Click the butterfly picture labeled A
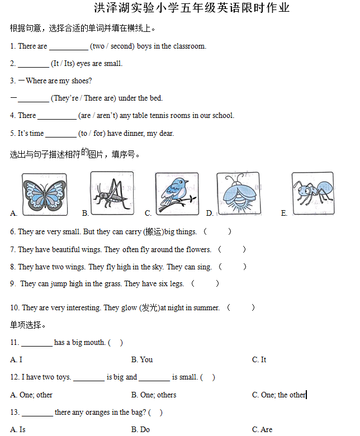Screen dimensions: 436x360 (44, 194)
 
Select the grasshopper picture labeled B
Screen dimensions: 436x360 (111, 193)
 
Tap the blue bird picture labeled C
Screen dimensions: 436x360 (177, 193)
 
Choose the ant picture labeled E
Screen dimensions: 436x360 (312, 193)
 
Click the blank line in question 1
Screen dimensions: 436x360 (69, 47)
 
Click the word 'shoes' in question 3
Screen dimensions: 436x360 (83, 81)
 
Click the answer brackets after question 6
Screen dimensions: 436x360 (217, 231)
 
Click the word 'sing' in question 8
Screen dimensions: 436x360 (204, 267)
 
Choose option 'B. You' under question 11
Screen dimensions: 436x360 (142, 360)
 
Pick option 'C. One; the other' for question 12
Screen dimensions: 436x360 (279, 395)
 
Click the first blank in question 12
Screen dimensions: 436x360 (89, 378)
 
